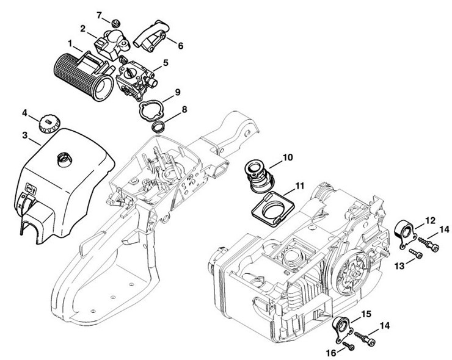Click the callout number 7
tap(99, 15)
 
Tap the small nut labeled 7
tap(116, 23)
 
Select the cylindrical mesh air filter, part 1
tap(84, 77)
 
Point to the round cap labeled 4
tap(49, 124)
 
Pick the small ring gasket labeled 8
tap(159, 127)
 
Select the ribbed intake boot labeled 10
tap(257, 175)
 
